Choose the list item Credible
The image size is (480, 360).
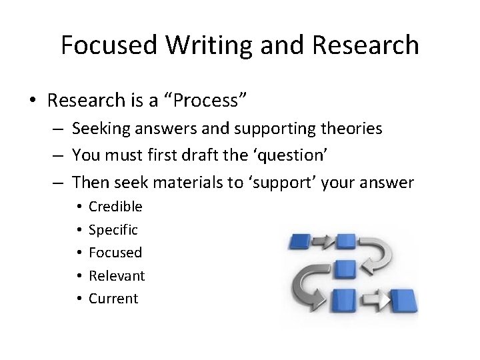pyautogui.click(x=115, y=207)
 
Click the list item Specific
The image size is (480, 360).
pyautogui.click(x=113, y=230)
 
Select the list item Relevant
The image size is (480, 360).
pyautogui.click(x=117, y=276)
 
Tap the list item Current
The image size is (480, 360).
pyautogui.click(x=113, y=299)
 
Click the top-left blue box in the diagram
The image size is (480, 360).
pyautogui.click(x=302, y=243)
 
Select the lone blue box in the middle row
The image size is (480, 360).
pyautogui.click(x=345, y=269)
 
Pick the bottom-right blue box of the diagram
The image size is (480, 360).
pyautogui.click(x=403, y=301)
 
